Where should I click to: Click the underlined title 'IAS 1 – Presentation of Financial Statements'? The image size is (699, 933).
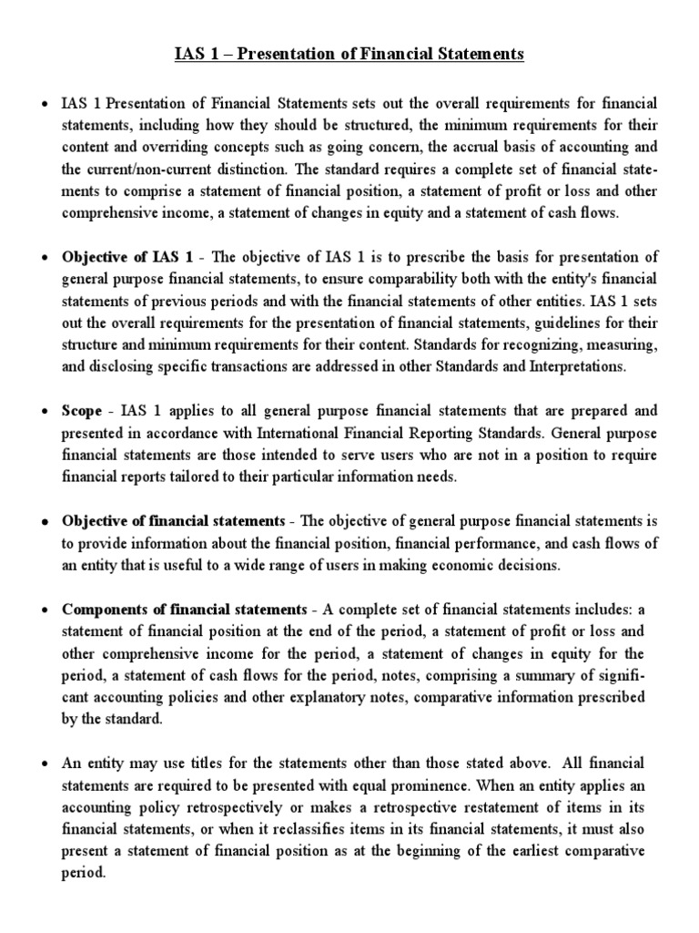point(349,55)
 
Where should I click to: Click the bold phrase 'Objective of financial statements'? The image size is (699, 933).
point(173,521)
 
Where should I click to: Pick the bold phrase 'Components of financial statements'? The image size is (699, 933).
point(184,609)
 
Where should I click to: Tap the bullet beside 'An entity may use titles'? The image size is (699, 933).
point(45,762)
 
